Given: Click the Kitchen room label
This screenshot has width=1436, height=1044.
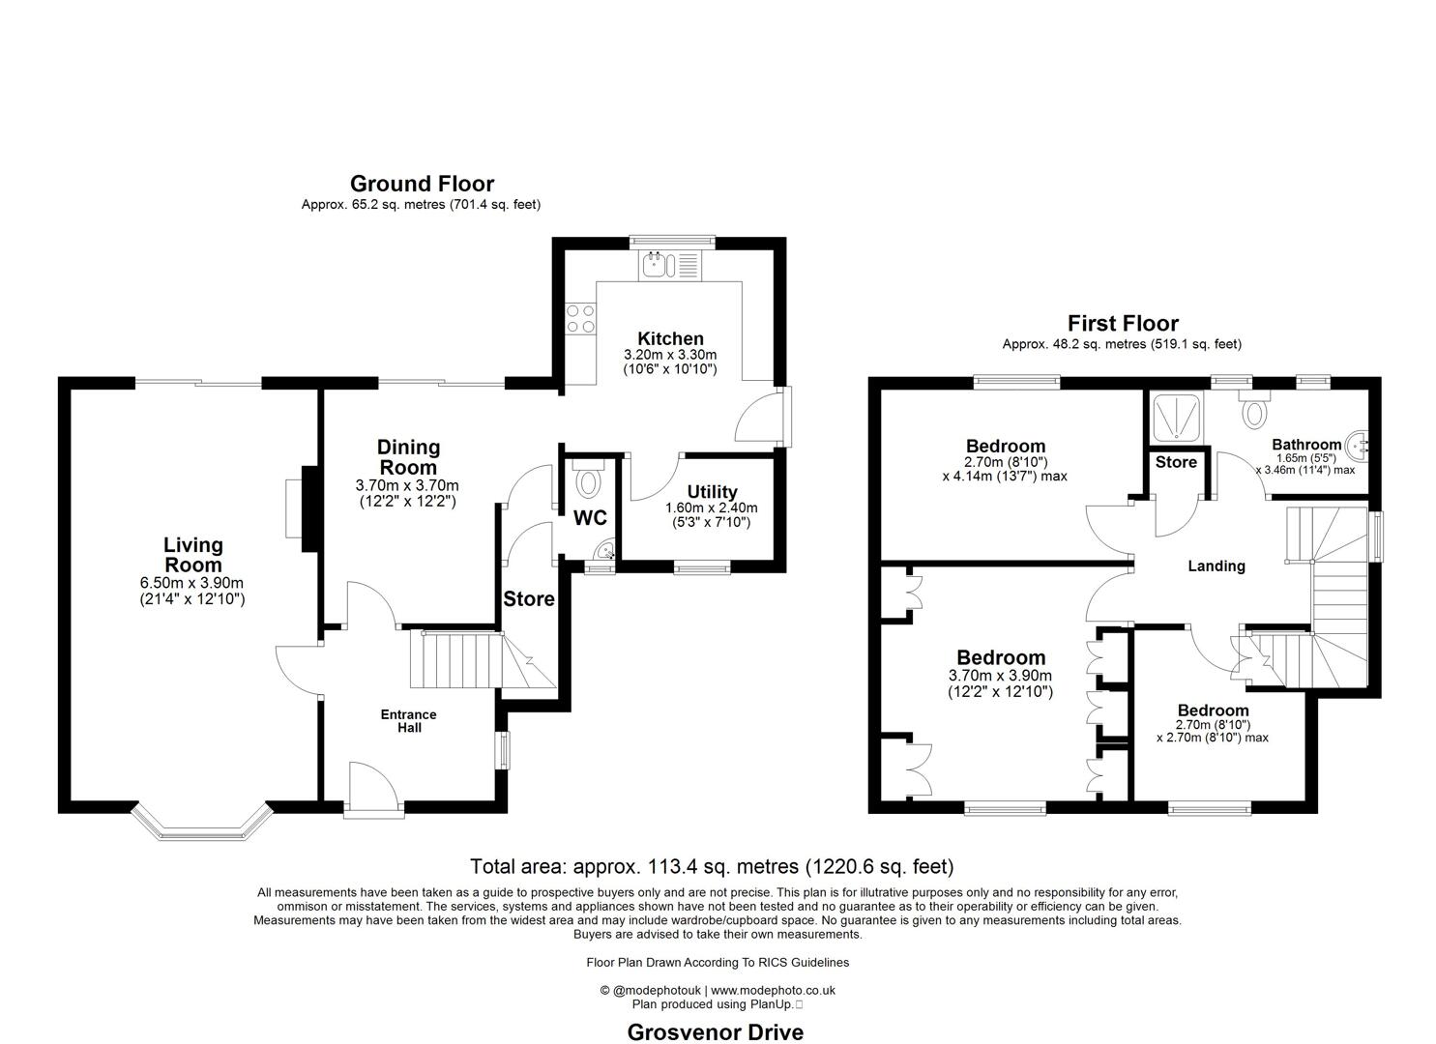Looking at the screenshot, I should [x=670, y=338].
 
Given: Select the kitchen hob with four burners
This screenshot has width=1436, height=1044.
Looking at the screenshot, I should [x=580, y=318].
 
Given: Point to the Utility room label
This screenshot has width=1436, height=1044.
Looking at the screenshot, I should [x=712, y=492].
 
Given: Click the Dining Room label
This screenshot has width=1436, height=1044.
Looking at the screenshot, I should [x=408, y=456].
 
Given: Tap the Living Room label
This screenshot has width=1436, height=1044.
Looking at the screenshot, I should [x=192, y=555].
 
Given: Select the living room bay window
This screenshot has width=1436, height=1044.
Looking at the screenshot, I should [x=201, y=822].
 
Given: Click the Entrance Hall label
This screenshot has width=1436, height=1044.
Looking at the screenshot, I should [x=408, y=720].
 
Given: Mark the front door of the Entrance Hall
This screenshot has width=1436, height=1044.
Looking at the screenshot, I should [x=373, y=789].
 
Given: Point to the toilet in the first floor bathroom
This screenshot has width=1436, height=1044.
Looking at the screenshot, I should [x=1255, y=412].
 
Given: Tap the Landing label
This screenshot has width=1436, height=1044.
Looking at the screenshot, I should [x=1216, y=566].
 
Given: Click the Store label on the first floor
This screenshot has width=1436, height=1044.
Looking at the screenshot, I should [x=1176, y=462].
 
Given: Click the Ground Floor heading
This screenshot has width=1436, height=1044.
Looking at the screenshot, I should [x=422, y=184].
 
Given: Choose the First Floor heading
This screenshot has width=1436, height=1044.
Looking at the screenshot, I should [x=1122, y=323].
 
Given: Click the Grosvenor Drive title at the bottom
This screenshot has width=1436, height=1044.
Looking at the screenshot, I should [x=715, y=1031].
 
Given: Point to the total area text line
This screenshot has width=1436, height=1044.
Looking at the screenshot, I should [x=712, y=866].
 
